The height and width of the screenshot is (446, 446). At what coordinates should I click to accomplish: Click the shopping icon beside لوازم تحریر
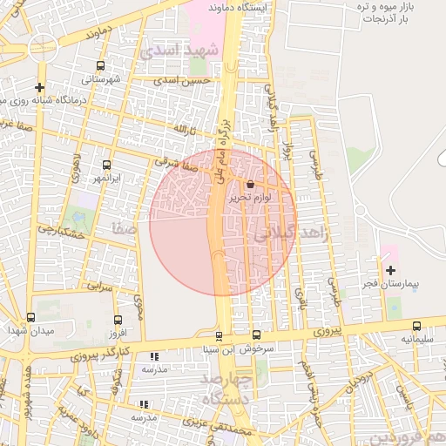pos(251,184)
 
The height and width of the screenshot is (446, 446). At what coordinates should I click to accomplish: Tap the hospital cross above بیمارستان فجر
pos(389,270)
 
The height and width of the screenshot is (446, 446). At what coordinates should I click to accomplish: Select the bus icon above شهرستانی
pos(101,65)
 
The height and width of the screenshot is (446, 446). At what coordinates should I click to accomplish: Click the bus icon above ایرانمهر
pos(107,165)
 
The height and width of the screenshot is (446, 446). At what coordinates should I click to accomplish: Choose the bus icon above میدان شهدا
pos(31,318)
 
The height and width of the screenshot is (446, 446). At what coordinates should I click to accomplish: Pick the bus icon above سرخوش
pos(256,334)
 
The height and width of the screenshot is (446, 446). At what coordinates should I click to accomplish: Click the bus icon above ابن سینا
pos(219,336)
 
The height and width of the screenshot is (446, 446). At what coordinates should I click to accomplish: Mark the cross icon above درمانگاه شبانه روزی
pos(39,87)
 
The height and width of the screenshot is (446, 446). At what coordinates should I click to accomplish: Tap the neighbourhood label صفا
pos(122,230)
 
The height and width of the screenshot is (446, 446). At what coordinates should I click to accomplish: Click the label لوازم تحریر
pos(251,198)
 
